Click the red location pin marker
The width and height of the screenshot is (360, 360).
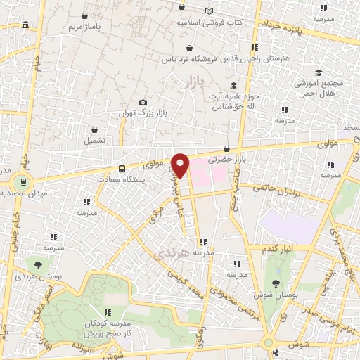(x=181, y=164)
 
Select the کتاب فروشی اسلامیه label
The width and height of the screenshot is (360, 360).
(x=210, y=22)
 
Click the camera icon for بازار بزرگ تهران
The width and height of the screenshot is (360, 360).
(x=143, y=103)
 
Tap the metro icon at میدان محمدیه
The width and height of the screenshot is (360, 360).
(x=24, y=181)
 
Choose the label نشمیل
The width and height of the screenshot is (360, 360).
(x=96, y=140)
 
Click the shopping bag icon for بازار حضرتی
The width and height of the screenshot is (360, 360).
(x=227, y=149)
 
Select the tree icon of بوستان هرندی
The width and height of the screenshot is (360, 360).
(x=37, y=265)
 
